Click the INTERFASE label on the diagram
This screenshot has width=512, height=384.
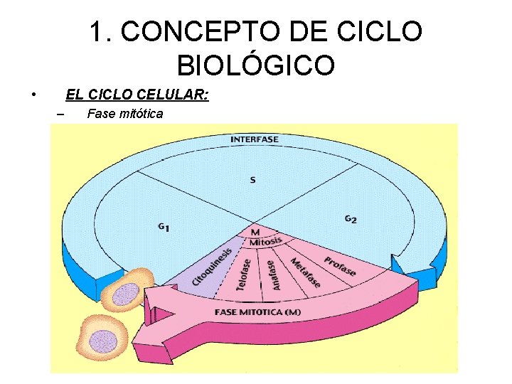[254, 139]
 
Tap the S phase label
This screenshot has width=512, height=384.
[252, 180]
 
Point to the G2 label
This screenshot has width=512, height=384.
[351, 219]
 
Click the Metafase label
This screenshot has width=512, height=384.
[305, 272]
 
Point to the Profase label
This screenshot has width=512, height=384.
[339, 265]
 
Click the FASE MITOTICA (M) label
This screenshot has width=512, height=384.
[257, 313]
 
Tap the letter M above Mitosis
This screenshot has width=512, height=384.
[256, 232]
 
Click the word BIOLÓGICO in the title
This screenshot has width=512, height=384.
[255, 65]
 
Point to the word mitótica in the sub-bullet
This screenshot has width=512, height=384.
[137, 113]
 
